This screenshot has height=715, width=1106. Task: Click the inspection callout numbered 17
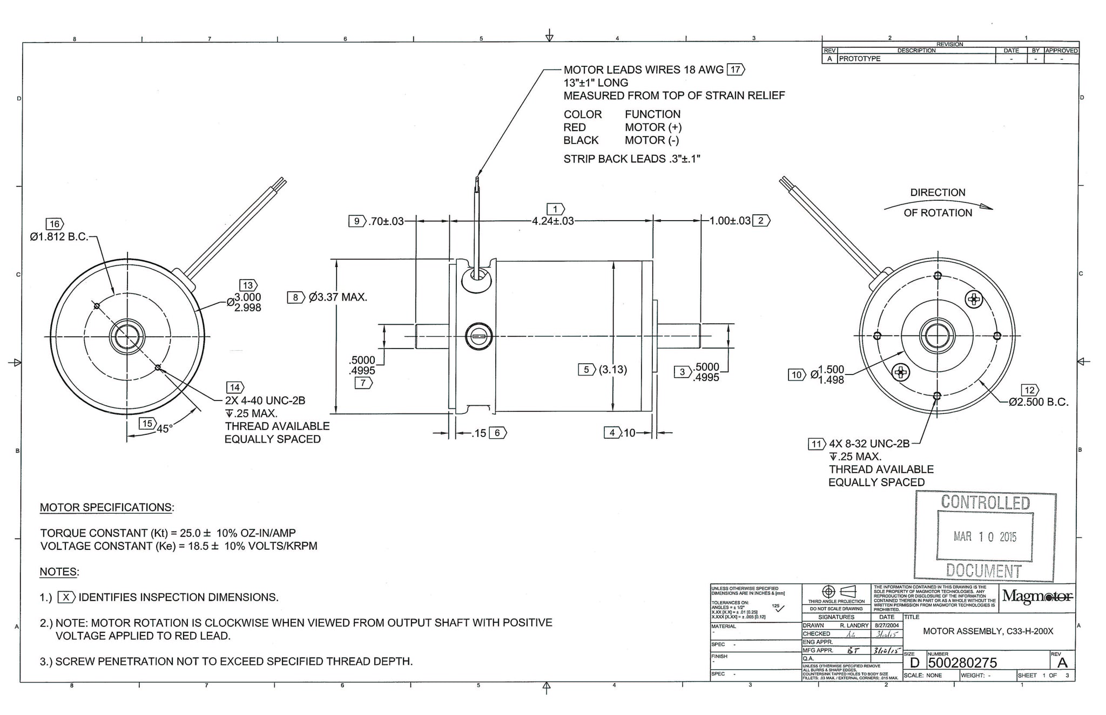pos(736,70)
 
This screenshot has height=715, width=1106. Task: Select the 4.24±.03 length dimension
pos(552,221)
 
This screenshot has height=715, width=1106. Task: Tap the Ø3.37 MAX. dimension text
pos(338,297)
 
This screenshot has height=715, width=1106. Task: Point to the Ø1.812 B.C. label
pos(59,237)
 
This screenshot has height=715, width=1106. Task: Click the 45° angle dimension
pos(164,429)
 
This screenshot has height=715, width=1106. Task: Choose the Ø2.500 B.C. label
pos(1038,402)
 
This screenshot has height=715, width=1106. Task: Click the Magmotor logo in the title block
pos(1037,596)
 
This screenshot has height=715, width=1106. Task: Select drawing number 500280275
pos(962,663)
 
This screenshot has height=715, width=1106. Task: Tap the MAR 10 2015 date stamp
pos(984,537)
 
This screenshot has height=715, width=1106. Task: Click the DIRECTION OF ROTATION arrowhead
pos(986,207)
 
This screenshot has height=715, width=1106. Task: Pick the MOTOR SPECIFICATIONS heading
pos(107,508)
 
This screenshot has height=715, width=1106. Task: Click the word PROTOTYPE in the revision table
pos(860,59)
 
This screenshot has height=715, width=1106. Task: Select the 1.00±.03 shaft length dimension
pos(730,221)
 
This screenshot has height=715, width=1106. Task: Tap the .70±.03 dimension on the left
pos(386,221)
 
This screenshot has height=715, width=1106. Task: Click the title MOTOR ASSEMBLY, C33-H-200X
pos(988,631)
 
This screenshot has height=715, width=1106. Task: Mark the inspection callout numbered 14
pos(234,387)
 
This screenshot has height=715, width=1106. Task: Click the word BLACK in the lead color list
pos(581,140)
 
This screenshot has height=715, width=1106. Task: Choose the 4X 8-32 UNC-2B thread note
pos(869,444)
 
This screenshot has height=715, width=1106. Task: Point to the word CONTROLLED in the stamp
pos(985,502)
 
